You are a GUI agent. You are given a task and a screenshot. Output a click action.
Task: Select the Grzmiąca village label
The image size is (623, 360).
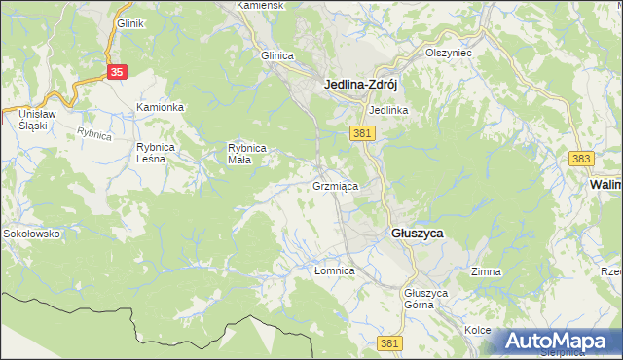336,185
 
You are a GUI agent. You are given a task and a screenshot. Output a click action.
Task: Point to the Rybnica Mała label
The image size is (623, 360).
247,153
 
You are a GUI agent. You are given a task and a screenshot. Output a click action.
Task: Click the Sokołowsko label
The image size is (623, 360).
31,234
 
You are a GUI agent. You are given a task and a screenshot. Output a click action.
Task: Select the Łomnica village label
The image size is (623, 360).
334,270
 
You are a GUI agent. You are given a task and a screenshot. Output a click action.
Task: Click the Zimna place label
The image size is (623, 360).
486,271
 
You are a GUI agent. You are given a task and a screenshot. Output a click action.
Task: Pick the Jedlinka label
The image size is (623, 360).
388,110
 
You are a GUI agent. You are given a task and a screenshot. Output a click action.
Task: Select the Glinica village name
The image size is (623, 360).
277,55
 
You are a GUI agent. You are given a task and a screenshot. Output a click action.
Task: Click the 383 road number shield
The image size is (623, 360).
581,157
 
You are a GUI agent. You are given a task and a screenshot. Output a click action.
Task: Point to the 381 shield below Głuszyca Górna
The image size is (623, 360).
390,342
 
